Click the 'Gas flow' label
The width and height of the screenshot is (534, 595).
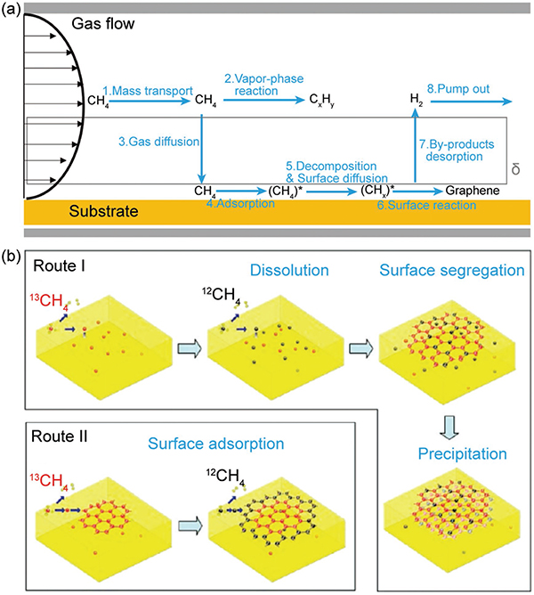(x=103, y=24)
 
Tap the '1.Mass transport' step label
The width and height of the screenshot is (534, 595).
(x=148, y=91)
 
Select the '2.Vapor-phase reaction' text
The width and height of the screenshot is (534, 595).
(x=264, y=85)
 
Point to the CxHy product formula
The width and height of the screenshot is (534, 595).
(x=322, y=100)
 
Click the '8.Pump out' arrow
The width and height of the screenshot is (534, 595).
(x=472, y=102)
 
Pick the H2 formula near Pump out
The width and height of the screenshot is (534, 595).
(x=416, y=100)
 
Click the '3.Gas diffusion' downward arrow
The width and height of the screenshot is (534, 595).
(x=202, y=149)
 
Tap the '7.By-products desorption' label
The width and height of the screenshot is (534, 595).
(x=457, y=151)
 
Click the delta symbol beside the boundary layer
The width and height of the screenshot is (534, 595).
(x=515, y=169)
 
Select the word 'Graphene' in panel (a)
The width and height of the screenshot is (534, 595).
(x=473, y=190)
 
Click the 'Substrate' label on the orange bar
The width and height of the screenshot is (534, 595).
(x=103, y=211)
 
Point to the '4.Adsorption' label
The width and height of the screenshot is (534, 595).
(x=240, y=203)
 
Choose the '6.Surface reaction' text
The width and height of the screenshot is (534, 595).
(x=426, y=205)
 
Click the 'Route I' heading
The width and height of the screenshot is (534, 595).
(x=59, y=265)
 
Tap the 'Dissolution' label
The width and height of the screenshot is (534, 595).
(x=289, y=270)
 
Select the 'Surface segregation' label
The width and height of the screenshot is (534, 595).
(x=452, y=270)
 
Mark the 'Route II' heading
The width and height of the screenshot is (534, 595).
(x=59, y=436)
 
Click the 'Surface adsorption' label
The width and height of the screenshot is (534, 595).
(x=215, y=444)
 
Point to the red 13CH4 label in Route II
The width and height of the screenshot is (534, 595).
(x=46, y=480)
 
